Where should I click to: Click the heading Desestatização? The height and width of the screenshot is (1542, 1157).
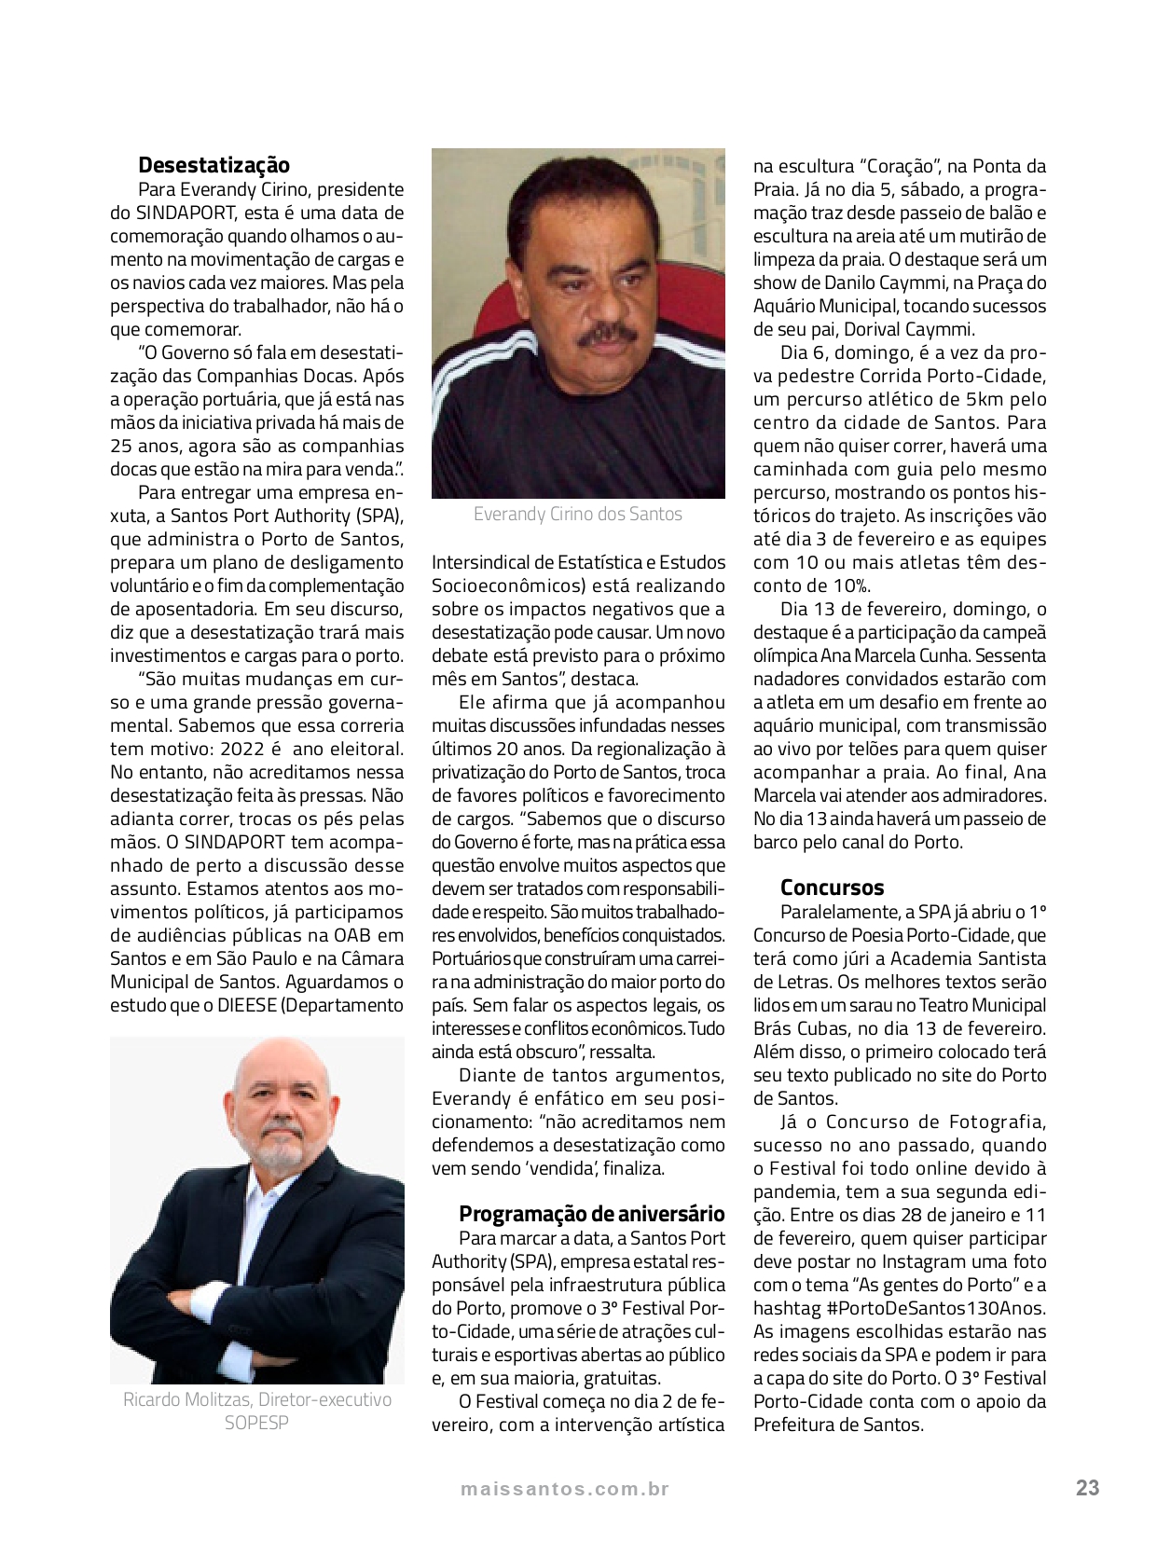point(213,165)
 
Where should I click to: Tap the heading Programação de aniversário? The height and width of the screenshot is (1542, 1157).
point(591,1213)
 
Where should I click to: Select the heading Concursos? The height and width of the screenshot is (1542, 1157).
point(832,888)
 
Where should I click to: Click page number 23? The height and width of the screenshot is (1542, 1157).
point(1087,1488)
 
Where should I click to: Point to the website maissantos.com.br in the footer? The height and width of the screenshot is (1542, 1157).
point(564,1489)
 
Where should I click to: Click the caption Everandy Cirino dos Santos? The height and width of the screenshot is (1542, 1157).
point(577,514)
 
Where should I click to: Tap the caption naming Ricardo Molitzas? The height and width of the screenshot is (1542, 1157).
point(256,1399)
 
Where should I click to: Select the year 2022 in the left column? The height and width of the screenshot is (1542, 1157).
point(241,749)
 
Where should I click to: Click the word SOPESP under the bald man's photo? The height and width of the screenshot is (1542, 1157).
point(256,1423)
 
